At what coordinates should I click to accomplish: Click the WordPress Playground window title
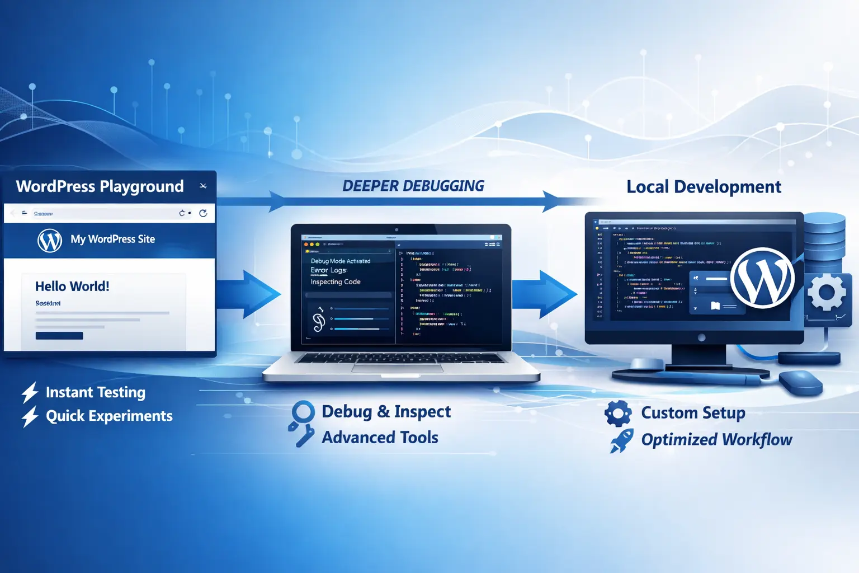coord(100,186)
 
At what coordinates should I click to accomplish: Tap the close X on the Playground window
coord(203,186)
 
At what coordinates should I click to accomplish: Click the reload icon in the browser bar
coord(203,213)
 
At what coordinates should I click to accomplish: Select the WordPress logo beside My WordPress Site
coord(50,241)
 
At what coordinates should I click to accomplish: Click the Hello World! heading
coord(72,286)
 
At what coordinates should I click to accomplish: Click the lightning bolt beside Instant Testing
coord(30,392)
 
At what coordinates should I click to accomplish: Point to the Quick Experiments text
coord(109,416)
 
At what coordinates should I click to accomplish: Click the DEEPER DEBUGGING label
coord(413,186)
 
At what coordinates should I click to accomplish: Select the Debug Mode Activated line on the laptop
coord(341,261)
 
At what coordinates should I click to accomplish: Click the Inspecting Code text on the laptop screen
coord(336,282)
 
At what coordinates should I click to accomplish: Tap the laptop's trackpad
coord(398,368)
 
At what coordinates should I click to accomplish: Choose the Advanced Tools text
coord(380,438)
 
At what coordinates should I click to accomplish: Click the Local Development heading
coord(704,187)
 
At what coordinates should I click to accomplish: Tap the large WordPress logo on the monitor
coord(762,278)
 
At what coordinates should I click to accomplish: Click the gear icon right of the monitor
coord(827,292)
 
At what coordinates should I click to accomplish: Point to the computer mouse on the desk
coord(800,382)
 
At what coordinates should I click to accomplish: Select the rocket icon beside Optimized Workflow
coord(621,440)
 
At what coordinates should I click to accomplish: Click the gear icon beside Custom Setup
coord(618,414)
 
